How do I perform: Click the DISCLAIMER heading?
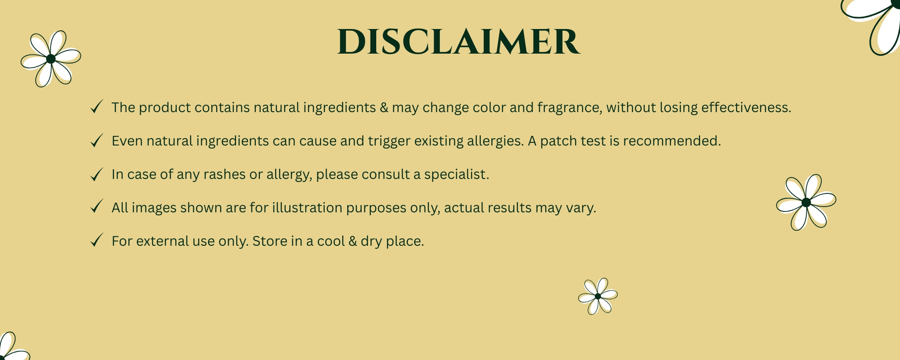point(459,42)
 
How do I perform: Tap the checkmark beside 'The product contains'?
point(96,107)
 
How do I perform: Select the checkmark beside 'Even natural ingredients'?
point(96,140)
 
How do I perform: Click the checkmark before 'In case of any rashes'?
point(96,174)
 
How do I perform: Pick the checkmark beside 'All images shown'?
point(96,207)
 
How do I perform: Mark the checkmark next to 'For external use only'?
point(96,240)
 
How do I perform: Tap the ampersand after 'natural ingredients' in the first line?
point(384,107)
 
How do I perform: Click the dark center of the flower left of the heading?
point(51,58)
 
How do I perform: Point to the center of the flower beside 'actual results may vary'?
point(806,202)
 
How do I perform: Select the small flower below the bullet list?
point(598,296)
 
